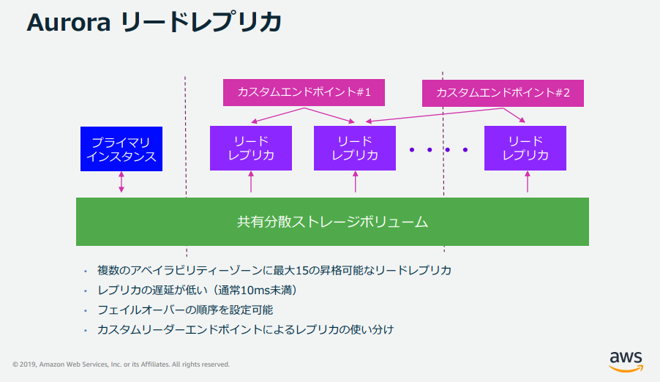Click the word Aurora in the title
69,23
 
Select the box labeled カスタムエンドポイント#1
304,92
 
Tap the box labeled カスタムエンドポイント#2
503,93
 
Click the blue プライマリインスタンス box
121,149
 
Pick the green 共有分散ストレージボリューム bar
332,222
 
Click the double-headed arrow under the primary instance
121,182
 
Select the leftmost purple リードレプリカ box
251,148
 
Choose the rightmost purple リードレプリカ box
525,148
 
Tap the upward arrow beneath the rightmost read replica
528,181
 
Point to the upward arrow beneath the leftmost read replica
251,181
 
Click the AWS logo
626,362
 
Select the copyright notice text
121,364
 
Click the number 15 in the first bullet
302,270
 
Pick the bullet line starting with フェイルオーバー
185,310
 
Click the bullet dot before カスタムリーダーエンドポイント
86,330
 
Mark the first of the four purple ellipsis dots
412,150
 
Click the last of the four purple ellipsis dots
465,150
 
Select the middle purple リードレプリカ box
355,148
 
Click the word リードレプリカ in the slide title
201,23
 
